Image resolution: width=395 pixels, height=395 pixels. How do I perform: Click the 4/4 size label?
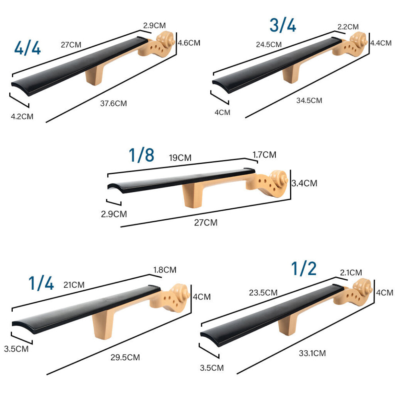point(28,48)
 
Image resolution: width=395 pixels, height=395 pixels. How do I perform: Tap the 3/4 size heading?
point(282,25)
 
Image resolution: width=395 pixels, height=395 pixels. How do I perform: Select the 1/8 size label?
point(141,155)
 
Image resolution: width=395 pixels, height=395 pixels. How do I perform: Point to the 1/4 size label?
point(41,283)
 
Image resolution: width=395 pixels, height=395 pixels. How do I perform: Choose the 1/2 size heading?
point(304,269)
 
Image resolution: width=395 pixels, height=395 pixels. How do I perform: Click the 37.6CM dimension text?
point(113,103)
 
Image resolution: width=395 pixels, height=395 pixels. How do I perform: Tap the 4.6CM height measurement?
point(189,43)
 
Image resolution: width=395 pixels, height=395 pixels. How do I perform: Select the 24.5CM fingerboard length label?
point(269,45)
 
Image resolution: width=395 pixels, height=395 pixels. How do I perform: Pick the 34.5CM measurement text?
point(309,101)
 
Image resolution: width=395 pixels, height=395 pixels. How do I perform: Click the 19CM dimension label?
point(180,158)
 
